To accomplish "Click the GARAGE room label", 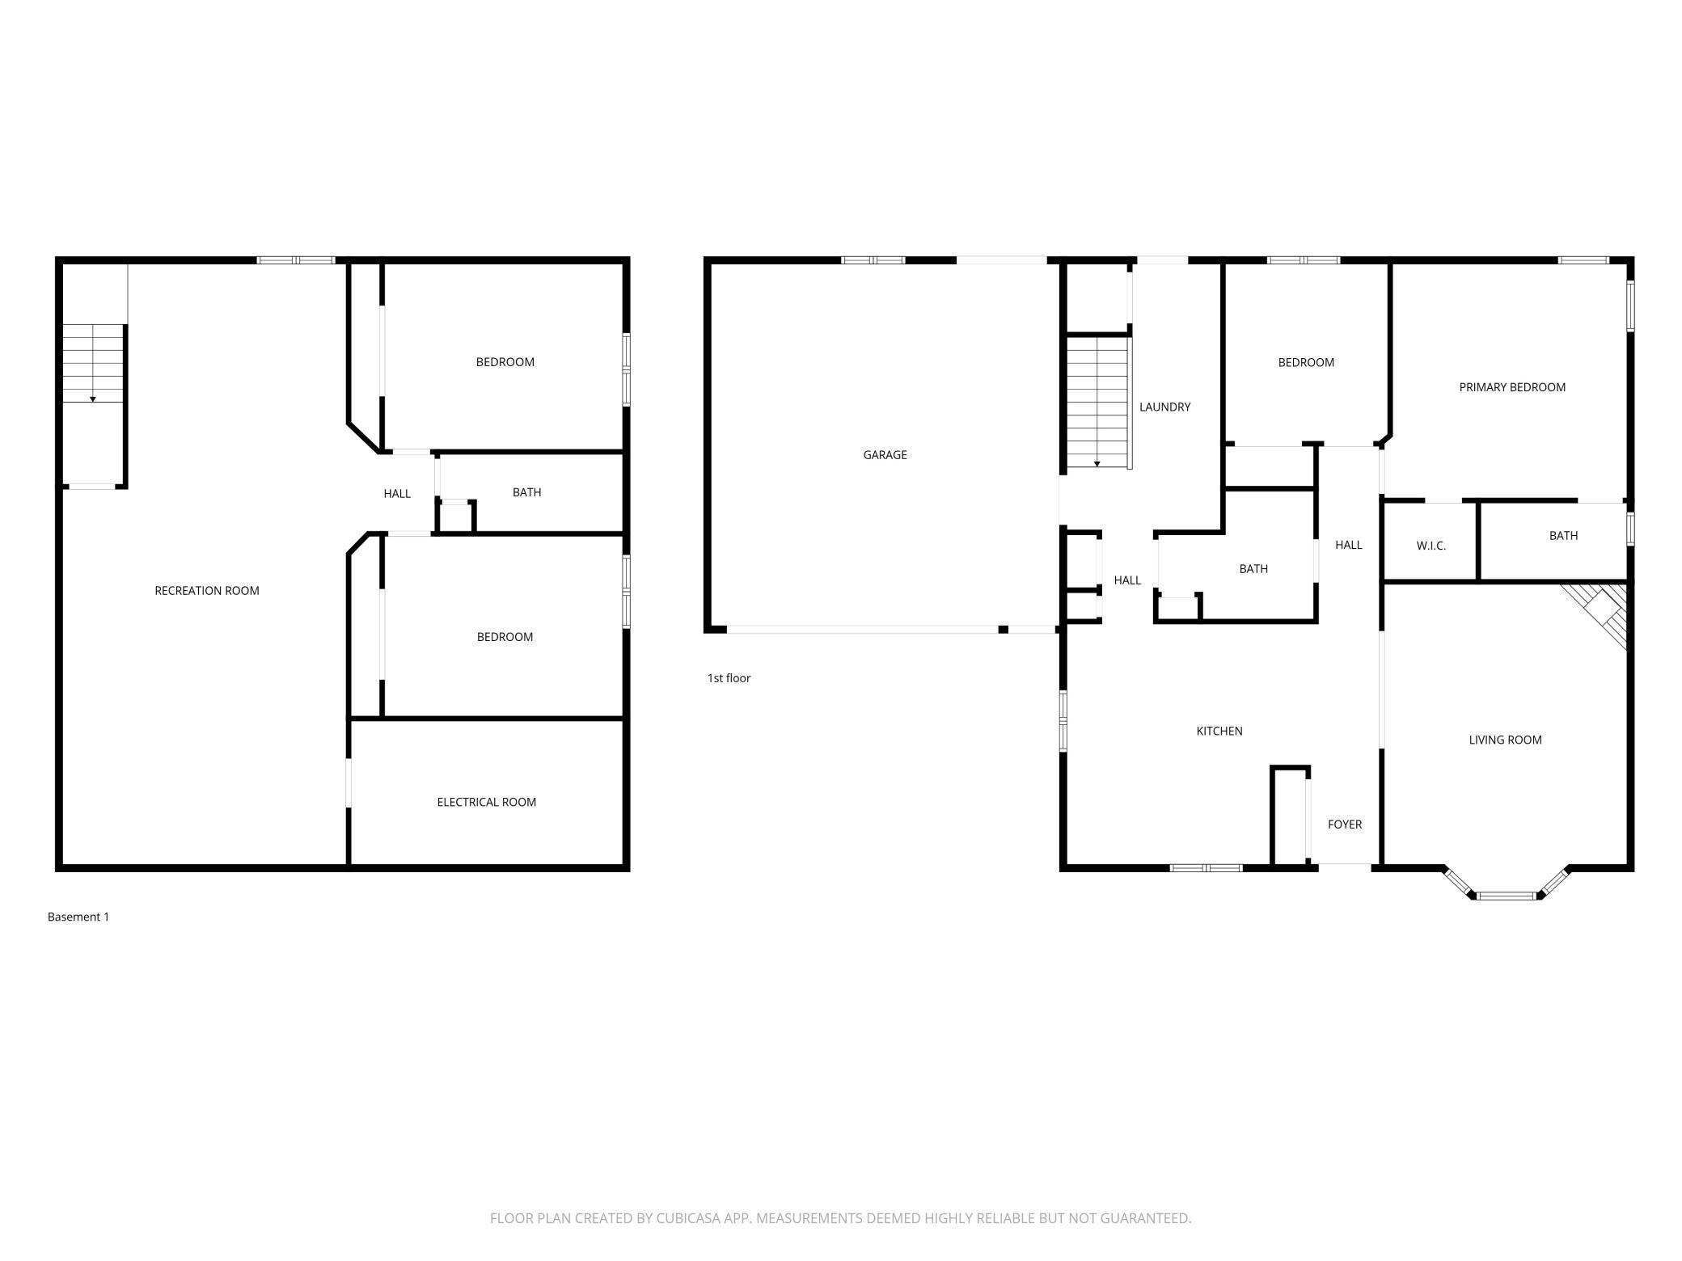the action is pyautogui.click(x=885, y=455).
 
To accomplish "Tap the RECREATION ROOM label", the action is pyautogui.click(x=207, y=591).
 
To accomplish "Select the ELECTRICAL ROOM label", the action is pyautogui.click(x=487, y=803).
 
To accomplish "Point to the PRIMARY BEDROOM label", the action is pyautogui.click(x=1512, y=387).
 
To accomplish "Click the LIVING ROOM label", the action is pyautogui.click(x=1505, y=740).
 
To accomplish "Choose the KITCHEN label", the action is pyautogui.click(x=1219, y=732).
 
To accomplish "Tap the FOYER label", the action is pyautogui.click(x=1345, y=824).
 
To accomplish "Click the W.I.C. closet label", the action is pyautogui.click(x=1431, y=546).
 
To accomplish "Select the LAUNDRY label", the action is pyautogui.click(x=1164, y=407).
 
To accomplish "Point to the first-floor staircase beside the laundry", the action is pyautogui.click(x=1097, y=403).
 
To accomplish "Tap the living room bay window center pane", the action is pyautogui.click(x=1506, y=896).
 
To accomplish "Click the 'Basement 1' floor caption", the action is pyautogui.click(x=78, y=917).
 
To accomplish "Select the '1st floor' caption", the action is pyautogui.click(x=729, y=678).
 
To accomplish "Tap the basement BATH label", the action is pyautogui.click(x=526, y=492).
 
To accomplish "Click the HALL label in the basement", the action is pyautogui.click(x=397, y=494).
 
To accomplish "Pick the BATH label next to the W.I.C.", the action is pyautogui.click(x=1563, y=536).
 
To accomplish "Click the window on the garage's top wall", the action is pyautogui.click(x=873, y=260).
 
